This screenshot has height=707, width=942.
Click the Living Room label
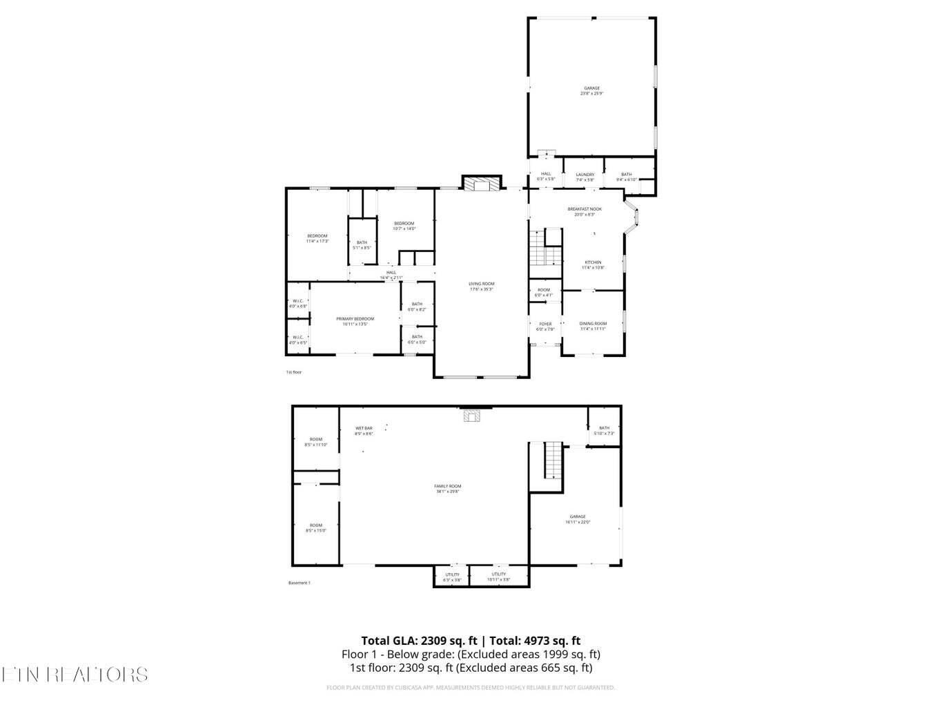coord(482,287)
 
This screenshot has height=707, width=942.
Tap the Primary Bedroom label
coord(355,321)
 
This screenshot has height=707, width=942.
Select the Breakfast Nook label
coord(585,211)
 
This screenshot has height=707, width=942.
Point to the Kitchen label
coord(593,264)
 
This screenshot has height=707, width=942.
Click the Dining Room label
coord(593,326)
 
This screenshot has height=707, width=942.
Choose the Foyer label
coord(545,326)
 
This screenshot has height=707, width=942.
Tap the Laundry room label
coord(585,177)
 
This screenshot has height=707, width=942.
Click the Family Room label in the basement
coord(447,489)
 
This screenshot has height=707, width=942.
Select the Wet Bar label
coord(364,431)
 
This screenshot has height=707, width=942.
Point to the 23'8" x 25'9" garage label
coord(591,90)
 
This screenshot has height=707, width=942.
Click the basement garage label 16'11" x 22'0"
coord(578,519)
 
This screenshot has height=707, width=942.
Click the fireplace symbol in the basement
coord(473,416)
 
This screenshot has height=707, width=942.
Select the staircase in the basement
coord(553,461)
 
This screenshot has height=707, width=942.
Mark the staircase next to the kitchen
coord(537,248)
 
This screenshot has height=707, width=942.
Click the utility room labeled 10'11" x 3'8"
coord(498,576)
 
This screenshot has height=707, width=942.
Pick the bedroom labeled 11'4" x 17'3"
coord(317,238)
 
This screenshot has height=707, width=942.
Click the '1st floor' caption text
coord(294,372)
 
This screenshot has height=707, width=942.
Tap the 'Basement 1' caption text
coord(299,583)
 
